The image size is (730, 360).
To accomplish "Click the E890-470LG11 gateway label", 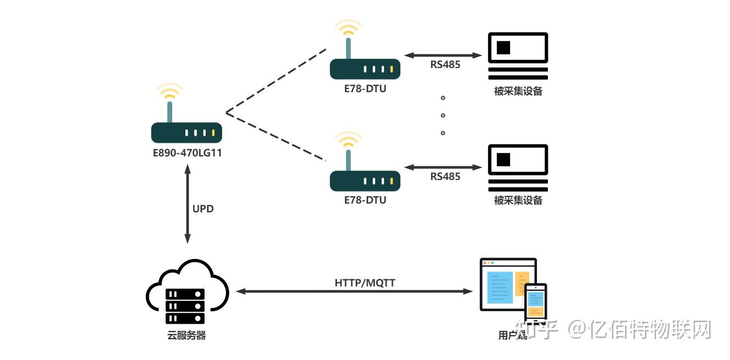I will pos(187,153).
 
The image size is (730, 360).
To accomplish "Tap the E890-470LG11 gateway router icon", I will pos(186,132).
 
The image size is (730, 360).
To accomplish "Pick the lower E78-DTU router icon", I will pos(365,180).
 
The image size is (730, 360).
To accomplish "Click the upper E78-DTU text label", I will pos(365,88).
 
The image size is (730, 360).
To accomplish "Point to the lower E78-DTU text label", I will pos(365,200).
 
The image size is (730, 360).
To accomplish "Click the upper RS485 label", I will pos(445,65).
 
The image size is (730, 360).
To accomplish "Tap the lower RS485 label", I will pos(445,176).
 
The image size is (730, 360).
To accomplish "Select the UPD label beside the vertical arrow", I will pos(203,209).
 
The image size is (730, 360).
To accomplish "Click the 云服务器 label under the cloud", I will pos(186,335).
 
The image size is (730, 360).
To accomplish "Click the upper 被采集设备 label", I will pos(518,91).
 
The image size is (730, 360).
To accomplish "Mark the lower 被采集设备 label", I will pos(518,200).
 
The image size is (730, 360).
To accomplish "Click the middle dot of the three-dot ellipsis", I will pos(443,115).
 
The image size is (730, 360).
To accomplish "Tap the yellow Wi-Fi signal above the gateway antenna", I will pos(169,91).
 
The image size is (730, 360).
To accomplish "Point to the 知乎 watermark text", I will pos(540,330).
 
